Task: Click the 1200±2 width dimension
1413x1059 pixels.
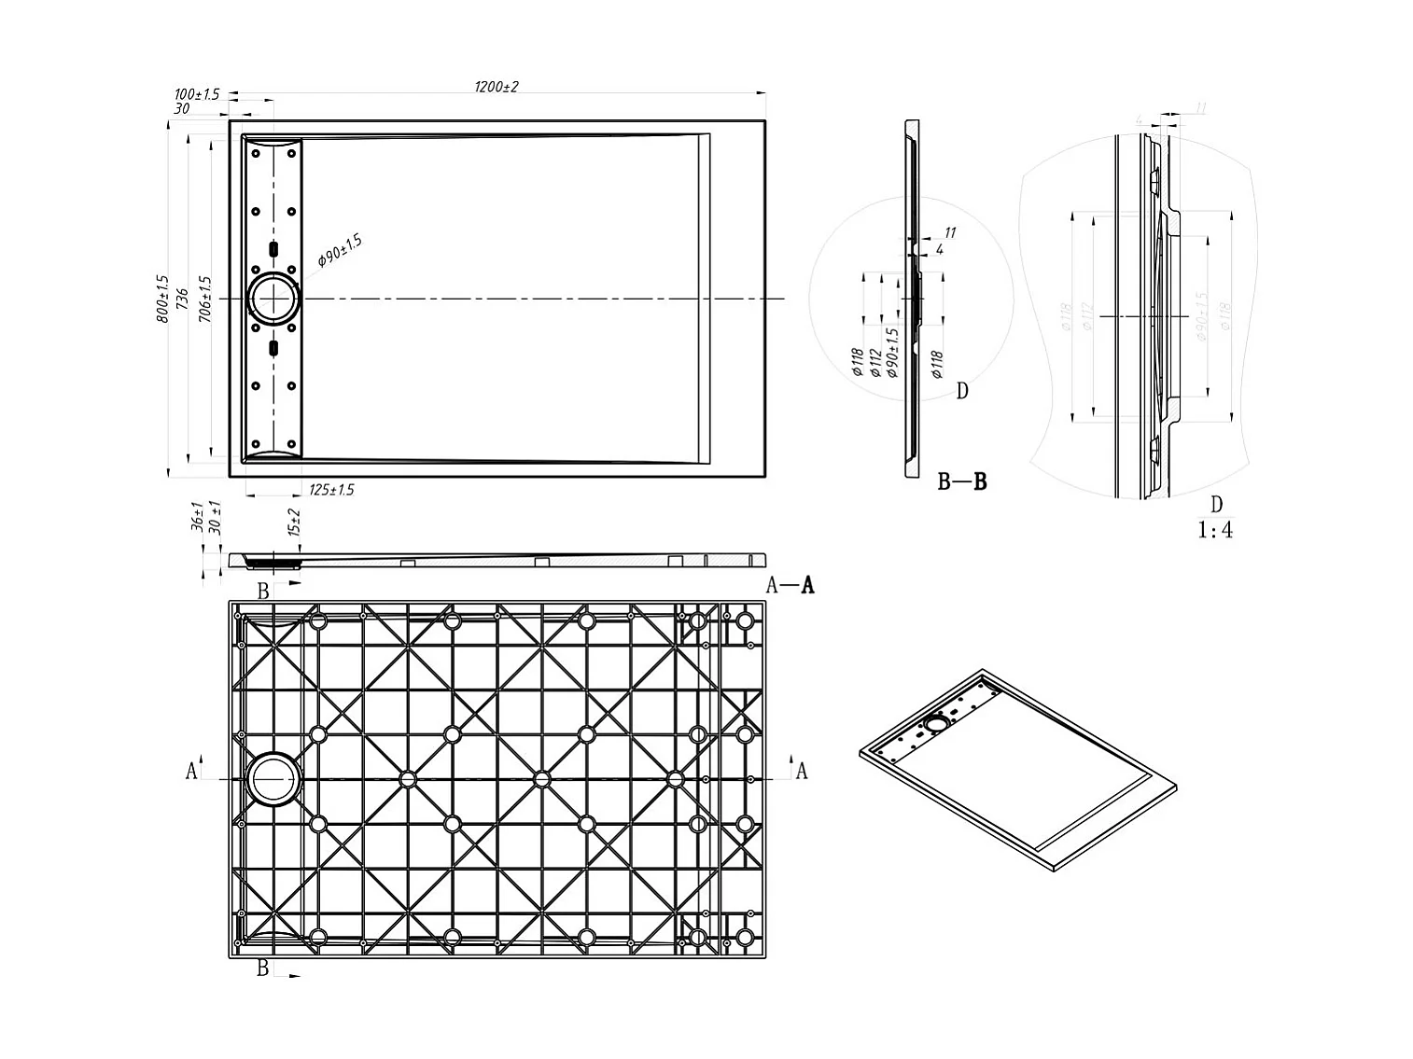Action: tap(496, 87)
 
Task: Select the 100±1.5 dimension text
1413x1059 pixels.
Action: tap(196, 94)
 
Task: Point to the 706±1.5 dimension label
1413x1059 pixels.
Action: tap(205, 300)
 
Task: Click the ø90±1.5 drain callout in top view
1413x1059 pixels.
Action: tap(340, 251)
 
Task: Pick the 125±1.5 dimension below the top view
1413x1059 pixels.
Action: tap(330, 490)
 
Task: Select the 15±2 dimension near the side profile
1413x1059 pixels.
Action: tap(294, 523)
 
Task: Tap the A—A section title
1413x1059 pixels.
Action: tap(790, 585)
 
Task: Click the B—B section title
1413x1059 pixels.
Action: tap(962, 482)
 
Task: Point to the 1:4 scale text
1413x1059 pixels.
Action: tap(1215, 530)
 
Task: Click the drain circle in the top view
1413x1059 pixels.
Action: tap(273, 299)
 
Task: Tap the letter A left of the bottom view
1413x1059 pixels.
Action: tap(191, 771)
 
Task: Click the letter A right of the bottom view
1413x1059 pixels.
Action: tap(801, 771)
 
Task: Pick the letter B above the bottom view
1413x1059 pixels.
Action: tap(263, 591)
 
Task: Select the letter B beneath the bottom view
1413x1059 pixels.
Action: tap(263, 968)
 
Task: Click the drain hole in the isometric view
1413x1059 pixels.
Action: tap(936, 723)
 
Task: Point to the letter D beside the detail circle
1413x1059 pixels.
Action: tap(962, 391)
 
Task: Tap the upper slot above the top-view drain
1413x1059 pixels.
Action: tap(273, 249)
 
